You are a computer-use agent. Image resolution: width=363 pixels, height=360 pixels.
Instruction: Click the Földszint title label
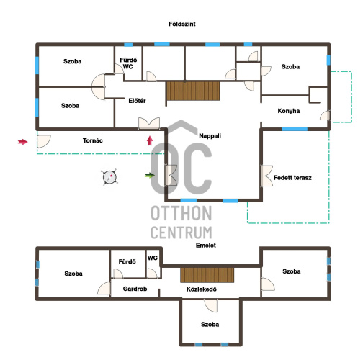182,24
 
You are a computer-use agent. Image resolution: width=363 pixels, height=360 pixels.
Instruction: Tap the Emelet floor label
206,246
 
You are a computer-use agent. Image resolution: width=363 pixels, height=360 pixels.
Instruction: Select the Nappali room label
210,136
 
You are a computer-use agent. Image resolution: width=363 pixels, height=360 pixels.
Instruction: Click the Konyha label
289,111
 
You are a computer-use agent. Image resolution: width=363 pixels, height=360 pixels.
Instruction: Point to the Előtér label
137,101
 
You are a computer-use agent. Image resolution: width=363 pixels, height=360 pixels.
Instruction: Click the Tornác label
93,140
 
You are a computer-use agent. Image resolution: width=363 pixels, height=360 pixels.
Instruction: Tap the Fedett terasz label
292,178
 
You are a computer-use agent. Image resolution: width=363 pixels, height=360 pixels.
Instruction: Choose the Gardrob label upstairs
135,289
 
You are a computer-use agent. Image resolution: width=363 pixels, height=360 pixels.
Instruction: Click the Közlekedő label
202,289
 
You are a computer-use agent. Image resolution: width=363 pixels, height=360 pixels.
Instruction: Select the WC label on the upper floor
153,258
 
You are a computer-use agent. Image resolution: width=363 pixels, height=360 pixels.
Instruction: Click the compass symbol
109,177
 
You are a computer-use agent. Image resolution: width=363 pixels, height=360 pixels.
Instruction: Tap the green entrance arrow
150,175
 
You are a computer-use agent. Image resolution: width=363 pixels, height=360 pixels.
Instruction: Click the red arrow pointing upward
150,140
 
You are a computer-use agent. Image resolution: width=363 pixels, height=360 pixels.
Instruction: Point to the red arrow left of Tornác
23,142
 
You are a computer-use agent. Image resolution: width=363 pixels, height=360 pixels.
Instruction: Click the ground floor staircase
193,91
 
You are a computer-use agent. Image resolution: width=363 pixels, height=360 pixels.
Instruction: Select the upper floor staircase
207,275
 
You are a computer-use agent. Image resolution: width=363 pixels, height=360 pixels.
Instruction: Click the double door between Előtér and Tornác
149,123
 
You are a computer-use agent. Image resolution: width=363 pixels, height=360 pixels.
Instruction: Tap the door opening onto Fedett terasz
266,176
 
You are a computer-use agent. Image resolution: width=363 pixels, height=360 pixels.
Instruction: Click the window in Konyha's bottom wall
295,129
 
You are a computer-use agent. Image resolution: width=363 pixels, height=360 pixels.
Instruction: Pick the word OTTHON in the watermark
181,213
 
